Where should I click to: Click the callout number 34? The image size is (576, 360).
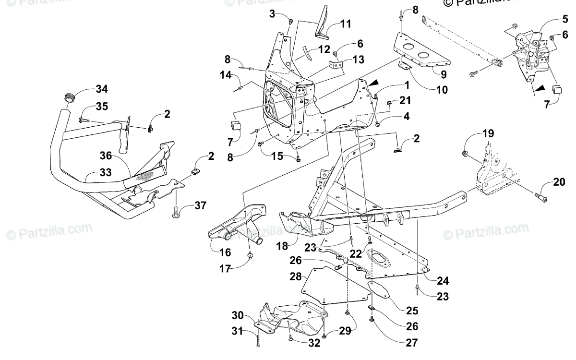click(x=101, y=89)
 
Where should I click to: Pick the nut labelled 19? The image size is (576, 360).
click(x=465, y=154)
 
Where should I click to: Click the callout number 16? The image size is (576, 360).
click(x=225, y=252)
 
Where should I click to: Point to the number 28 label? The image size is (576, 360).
click(x=295, y=276)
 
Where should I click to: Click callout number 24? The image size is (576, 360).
click(x=442, y=280)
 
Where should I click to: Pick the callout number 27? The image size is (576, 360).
click(x=411, y=343)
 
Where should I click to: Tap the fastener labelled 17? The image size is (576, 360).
click(x=251, y=255)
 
